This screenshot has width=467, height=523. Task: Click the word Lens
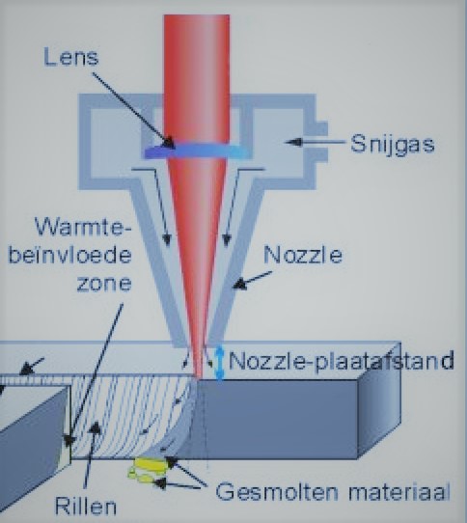[71, 57]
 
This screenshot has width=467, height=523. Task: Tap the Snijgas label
[393, 145]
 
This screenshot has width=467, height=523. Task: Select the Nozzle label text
[303, 255]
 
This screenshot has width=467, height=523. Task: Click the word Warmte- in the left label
[83, 228]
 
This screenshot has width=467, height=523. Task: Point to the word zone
[104, 285]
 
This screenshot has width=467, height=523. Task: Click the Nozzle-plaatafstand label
[341, 361]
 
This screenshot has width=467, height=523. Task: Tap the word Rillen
[86, 506]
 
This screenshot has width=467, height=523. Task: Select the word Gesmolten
[277, 491]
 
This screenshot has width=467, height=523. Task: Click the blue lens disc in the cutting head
[196, 151]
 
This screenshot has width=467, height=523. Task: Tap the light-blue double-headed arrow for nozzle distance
[219, 363]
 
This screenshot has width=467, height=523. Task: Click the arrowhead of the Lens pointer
[169, 143]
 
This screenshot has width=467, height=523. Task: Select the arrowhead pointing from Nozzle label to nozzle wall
[239, 285]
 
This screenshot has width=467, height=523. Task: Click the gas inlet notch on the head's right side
[320, 142]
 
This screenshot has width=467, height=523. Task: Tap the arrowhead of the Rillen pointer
[96, 427]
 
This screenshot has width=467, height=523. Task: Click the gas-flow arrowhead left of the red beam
[167, 240]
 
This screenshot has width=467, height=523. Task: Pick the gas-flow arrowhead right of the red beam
[227, 240]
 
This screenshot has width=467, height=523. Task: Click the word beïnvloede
[70, 256]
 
